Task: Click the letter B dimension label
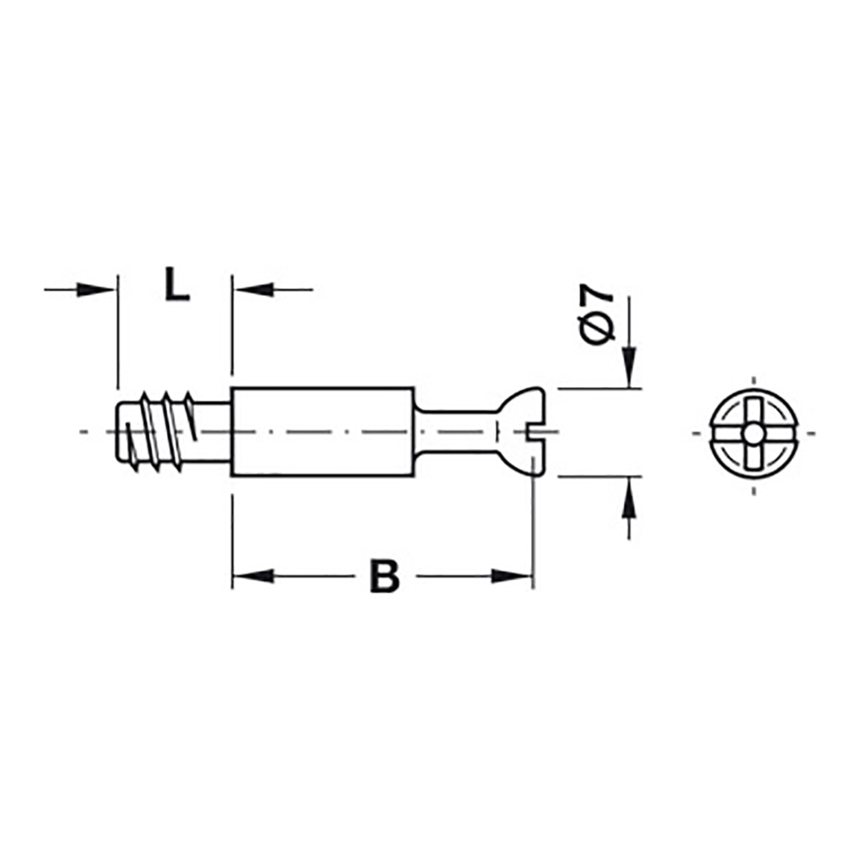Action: (x=384, y=577)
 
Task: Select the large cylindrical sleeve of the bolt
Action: (x=323, y=431)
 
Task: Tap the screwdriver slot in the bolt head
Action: (x=539, y=431)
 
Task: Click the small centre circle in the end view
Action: (x=754, y=431)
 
